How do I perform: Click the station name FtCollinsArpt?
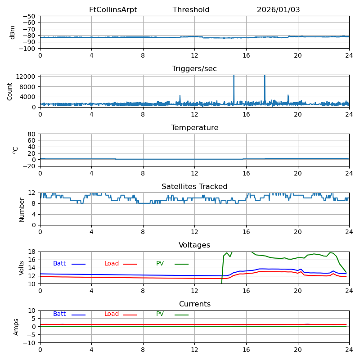[x=113, y=10]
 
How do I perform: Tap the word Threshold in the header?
[x=191, y=10]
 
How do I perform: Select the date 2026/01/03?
[x=278, y=10]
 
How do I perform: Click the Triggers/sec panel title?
[x=194, y=69]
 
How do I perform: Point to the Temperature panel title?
[x=194, y=128]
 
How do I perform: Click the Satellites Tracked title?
[x=194, y=187]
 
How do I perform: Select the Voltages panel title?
[x=194, y=245]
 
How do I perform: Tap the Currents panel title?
[x=194, y=304]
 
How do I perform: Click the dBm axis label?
[x=13, y=32]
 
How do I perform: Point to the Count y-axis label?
[x=10, y=91]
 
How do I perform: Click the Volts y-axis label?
[x=22, y=268]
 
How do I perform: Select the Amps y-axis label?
[x=16, y=327]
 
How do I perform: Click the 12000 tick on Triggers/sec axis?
[x=26, y=76]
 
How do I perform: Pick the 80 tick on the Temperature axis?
[x=32, y=134]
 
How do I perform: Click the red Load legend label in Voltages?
[x=112, y=264]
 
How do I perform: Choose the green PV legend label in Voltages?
[x=160, y=264]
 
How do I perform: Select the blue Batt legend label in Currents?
[x=59, y=314]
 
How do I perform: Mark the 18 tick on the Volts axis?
[x=32, y=252]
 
